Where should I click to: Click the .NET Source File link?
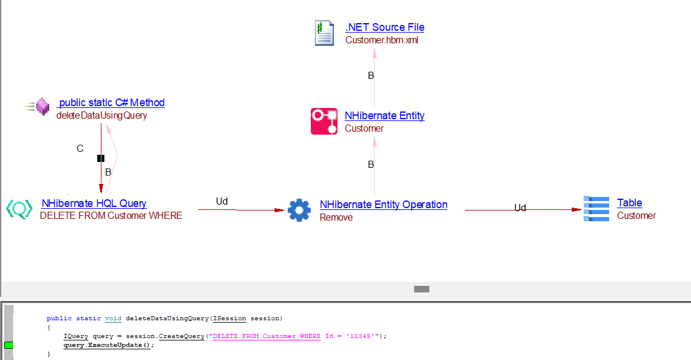[x=384, y=27]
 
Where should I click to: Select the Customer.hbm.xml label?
[x=382, y=40]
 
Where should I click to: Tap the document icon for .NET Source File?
[x=324, y=33]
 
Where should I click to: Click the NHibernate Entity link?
[x=384, y=116]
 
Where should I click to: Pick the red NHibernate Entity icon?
[x=324, y=121]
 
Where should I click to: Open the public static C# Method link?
[x=112, y=103]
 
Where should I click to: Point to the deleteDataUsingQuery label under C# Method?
[x=101, y=116]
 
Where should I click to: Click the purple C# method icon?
[x=42, y=107]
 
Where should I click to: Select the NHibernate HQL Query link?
[x=94, y=203]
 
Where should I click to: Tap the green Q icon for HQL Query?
[x=19, y=209]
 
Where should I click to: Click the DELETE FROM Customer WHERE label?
[x=111, y=216]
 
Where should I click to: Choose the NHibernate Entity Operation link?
[x=383, y=205]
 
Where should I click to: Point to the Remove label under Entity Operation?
[x=336, y=218]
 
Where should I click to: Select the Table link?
[x=629, y=203]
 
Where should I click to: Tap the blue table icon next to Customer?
[x=596, y=209]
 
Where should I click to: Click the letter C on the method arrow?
[x=80, y=148]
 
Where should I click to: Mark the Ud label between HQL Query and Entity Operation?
[x=222, y=202]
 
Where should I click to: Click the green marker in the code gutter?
[x=9, y=345]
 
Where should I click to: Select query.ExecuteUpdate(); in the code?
[x=108, y=345]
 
